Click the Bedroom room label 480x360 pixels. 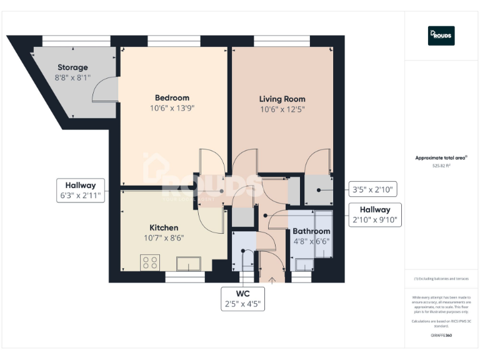click(x=172, y=97)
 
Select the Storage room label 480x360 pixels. click(x=72, y=67)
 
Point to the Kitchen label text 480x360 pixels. click(x=164, y=227)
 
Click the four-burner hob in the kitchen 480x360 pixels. click(x=150, y=262)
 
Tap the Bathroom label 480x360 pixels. click(x=312, y=231)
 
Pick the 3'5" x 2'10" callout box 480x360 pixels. click(x=374, y=189)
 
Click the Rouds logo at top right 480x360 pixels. click(x=441, y=36)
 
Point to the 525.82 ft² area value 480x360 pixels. click(x=441, y=166)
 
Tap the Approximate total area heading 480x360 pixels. click(x=441, y=157)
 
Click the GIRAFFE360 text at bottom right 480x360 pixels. click(x=441, y=336)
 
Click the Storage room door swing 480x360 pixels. click(x=102, y=91)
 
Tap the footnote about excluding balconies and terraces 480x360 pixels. click(x=441, y=279)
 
